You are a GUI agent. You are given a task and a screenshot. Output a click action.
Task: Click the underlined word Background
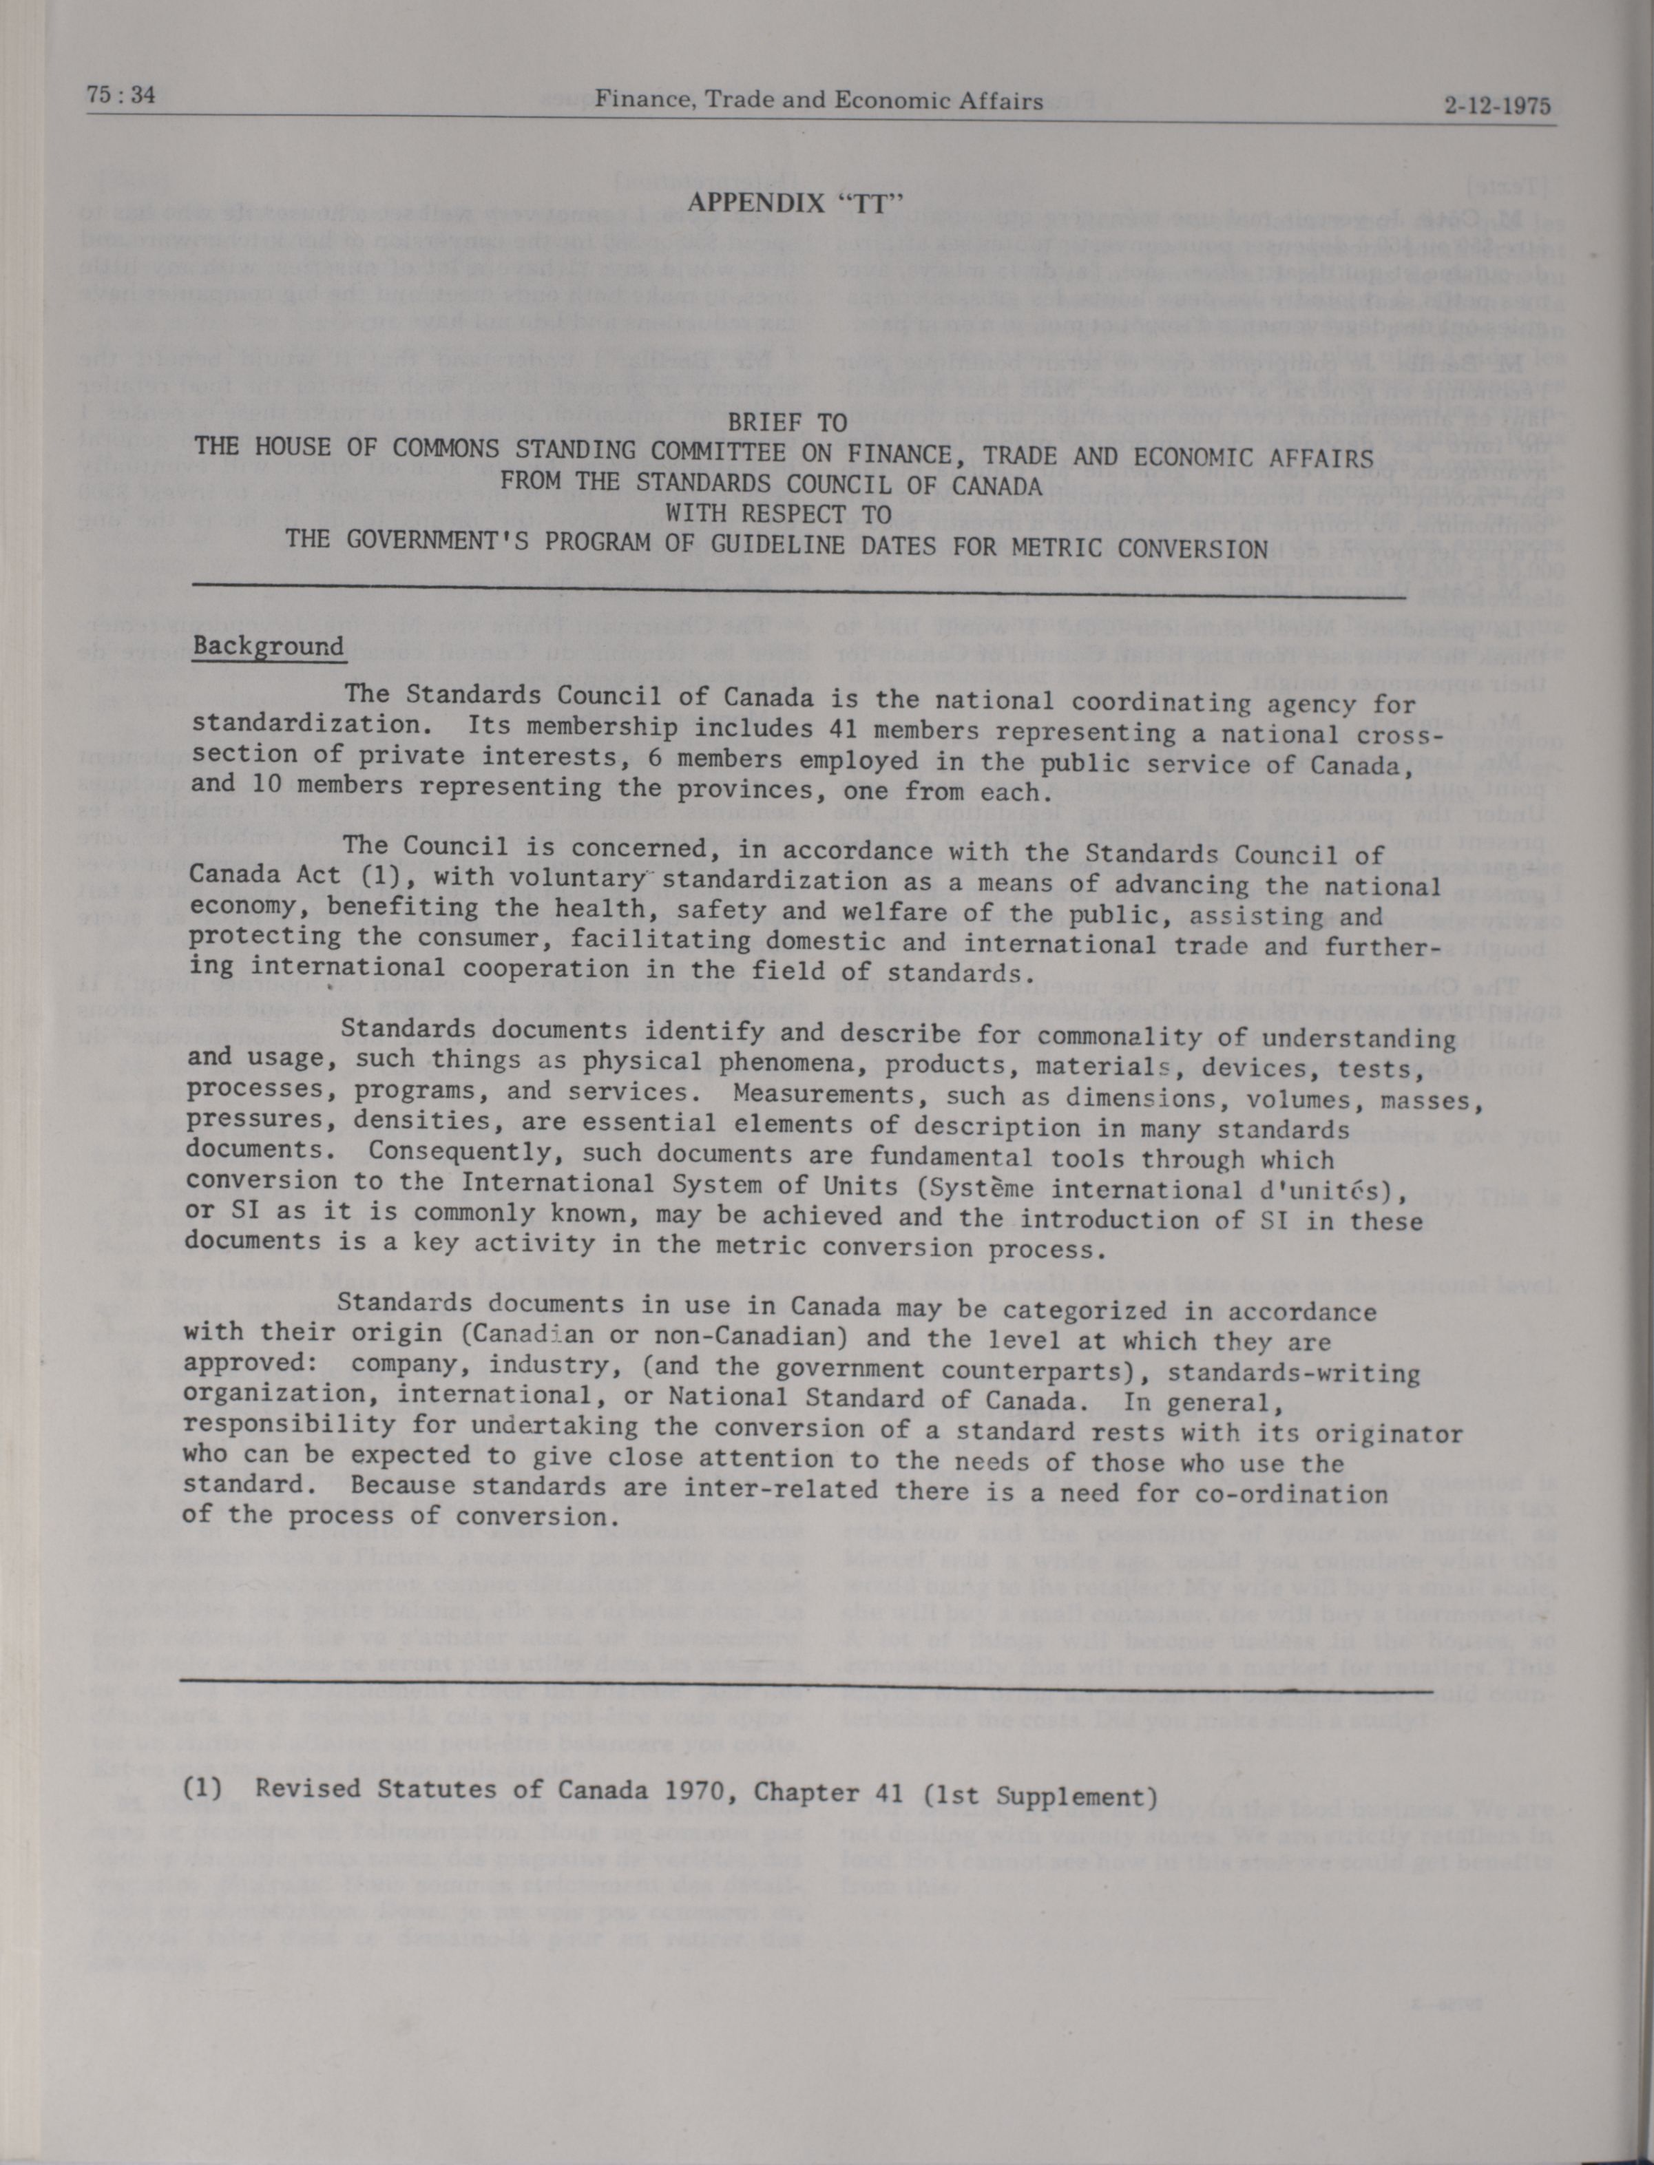tap(269, 647)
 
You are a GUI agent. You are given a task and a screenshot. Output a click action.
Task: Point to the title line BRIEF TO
tap(788, 423)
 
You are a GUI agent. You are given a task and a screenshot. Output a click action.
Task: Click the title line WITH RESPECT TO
tap(778, 513)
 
